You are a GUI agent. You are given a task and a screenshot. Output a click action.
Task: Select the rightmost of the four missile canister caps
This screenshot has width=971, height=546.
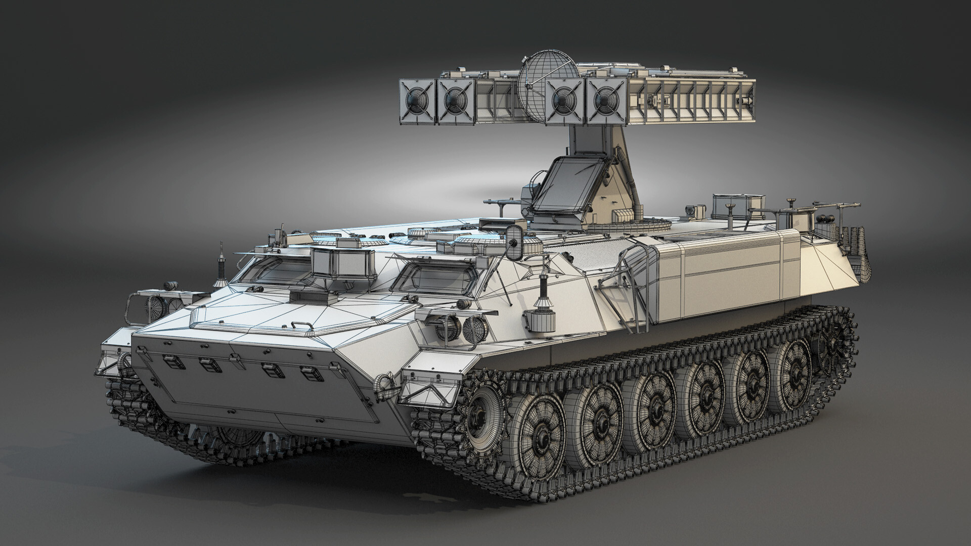(604, 100)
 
